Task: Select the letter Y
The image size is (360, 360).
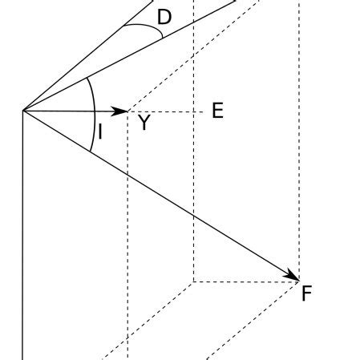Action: pos(144,123)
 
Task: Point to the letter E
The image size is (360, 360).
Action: pos(217,111)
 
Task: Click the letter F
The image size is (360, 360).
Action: pos(306,294)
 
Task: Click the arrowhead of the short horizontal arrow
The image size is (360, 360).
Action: pos(123,111)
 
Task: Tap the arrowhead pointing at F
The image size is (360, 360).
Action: pos(293,277)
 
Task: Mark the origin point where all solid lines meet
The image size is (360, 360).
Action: pos(23,110)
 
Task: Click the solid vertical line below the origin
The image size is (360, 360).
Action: pos(23,241)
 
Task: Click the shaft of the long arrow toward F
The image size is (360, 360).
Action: pos(160,195)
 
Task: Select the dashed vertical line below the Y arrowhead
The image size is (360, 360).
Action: pos(128,241)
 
